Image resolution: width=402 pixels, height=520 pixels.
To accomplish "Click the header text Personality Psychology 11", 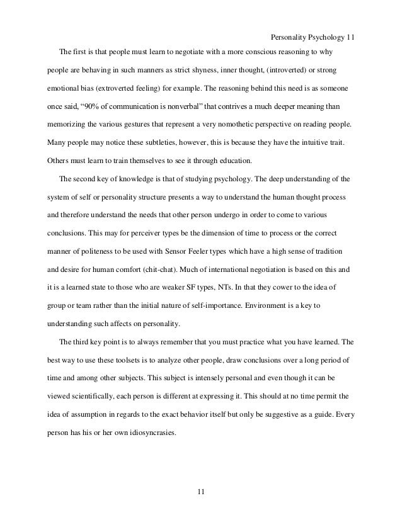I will pos(311,37).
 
